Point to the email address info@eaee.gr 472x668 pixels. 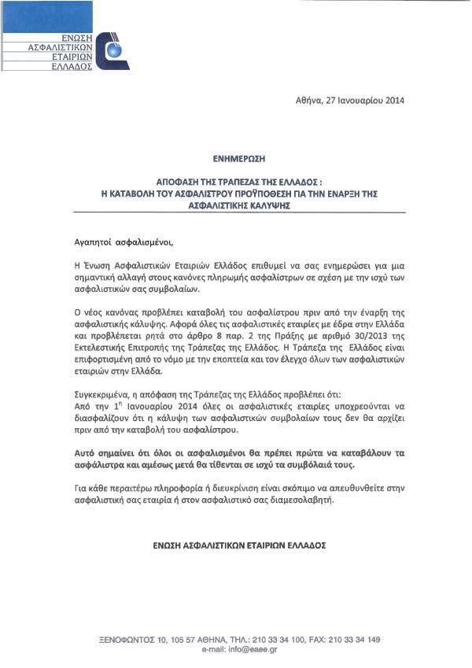click(x=250, y=650)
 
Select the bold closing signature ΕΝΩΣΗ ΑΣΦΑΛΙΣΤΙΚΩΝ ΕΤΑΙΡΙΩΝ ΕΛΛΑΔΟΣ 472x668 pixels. click(x=237, y=544)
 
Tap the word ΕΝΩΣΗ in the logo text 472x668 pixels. click(x=78, y=38)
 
